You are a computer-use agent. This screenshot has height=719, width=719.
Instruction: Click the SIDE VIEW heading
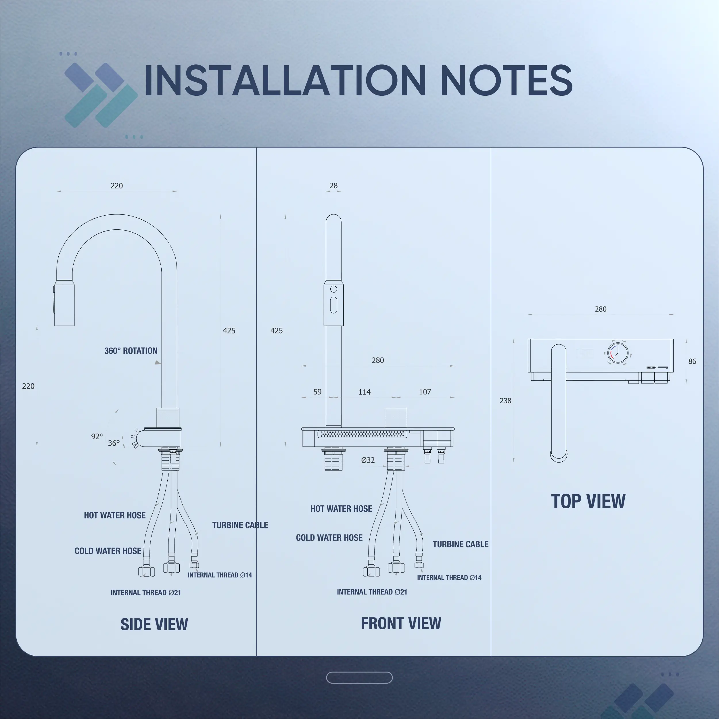click(154, 624)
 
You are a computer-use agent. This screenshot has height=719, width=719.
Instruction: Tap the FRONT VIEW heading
click(401, 623)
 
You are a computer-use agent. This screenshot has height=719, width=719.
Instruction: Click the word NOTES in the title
click(506, 80)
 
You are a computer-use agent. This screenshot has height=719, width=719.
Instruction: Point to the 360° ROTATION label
click(131, 350)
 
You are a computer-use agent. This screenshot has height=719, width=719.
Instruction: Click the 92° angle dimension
click(97, 436)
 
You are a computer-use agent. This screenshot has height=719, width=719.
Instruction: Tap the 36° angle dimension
click(114, 443)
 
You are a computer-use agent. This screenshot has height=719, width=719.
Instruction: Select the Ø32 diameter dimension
click(368, 460)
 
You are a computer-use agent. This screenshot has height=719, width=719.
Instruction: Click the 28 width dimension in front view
click(333, 185)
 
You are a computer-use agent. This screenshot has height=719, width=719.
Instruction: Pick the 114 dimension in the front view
click(364, 392)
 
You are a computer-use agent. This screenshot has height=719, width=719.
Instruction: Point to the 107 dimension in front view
click(425, 392)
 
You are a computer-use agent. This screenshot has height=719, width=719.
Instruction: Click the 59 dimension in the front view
click(317, 392)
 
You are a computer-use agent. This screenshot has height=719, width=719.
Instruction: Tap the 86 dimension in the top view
click(692, 361)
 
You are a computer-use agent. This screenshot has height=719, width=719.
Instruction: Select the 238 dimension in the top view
click(505, 400)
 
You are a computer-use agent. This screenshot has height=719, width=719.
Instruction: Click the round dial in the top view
click(618, 352)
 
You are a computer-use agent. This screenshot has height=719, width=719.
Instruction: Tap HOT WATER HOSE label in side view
click(115, 515)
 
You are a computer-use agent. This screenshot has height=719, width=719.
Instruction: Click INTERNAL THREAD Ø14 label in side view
click(220, 575)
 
